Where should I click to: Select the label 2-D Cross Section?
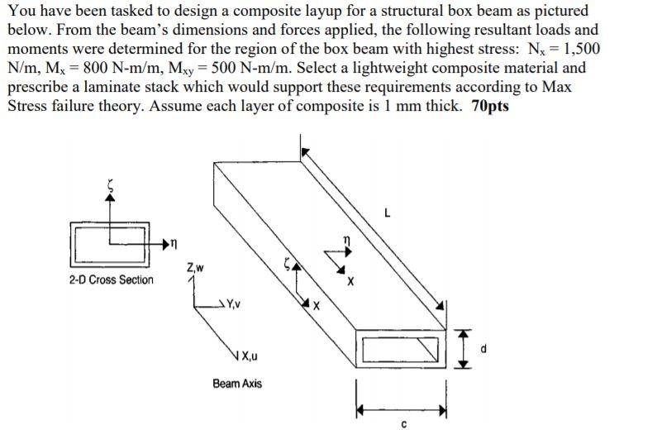point(111,280)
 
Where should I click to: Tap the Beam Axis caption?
point(237,384)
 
